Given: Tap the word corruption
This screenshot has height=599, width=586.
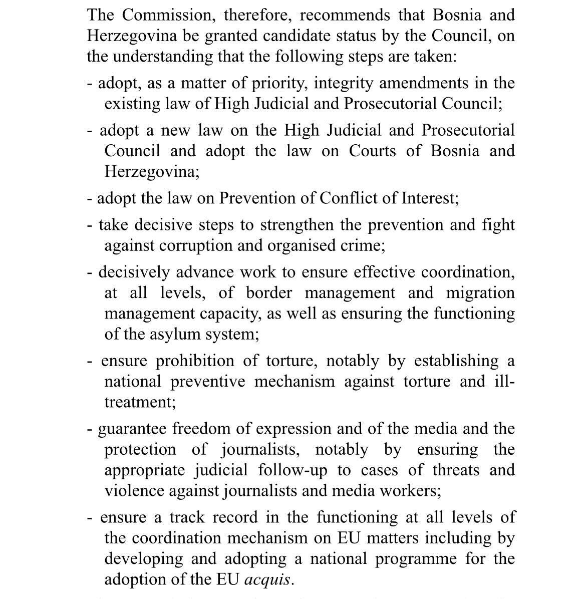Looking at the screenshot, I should pos(194,245).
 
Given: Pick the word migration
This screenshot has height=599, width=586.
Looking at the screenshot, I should pos(480,292).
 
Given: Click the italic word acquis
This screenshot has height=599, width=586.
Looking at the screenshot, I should pos(267,579).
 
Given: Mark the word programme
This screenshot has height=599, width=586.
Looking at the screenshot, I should pos(416,558).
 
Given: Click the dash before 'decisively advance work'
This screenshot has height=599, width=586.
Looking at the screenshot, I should pos(90,273).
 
